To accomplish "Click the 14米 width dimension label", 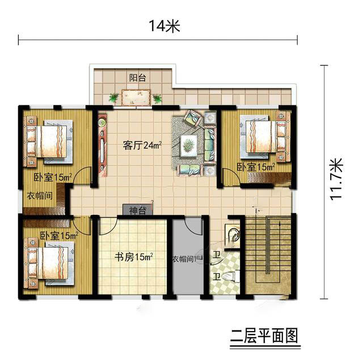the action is pyautogui.click(x=164, y=26).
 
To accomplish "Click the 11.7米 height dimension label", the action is pyautogui.click(x=336, y=179).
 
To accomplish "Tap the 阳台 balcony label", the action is pyautogui.click(x=137, y=78).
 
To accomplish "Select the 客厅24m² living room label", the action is pyautogui.click(x=142, y=146).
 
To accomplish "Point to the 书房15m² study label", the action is pyautogui.click(x=134, y=257).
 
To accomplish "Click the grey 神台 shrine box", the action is pyautogui.click(x=137, y=210).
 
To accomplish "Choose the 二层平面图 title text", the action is pyautogui.click(x=264, y=336).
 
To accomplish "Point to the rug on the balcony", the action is pyautogui.click(x=136, y=98).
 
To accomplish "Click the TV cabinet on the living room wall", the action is pyautogui.click(x=102, y=145).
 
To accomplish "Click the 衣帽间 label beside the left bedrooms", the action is pyautogui.click(x=40, y=196).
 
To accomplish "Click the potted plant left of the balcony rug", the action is pyautogui.click(x=113, y=98).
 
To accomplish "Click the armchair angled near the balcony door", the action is pyautogui.click(x=193, y=118).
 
